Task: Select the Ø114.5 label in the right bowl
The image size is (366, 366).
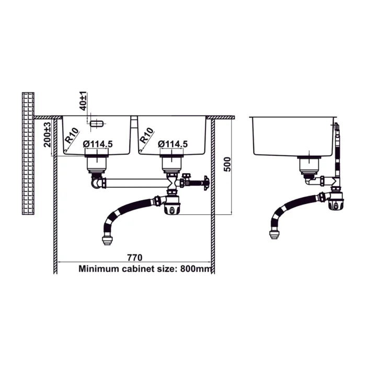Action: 172,144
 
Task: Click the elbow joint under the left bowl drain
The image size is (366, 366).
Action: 96,183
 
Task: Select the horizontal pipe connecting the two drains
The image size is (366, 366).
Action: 136,183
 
